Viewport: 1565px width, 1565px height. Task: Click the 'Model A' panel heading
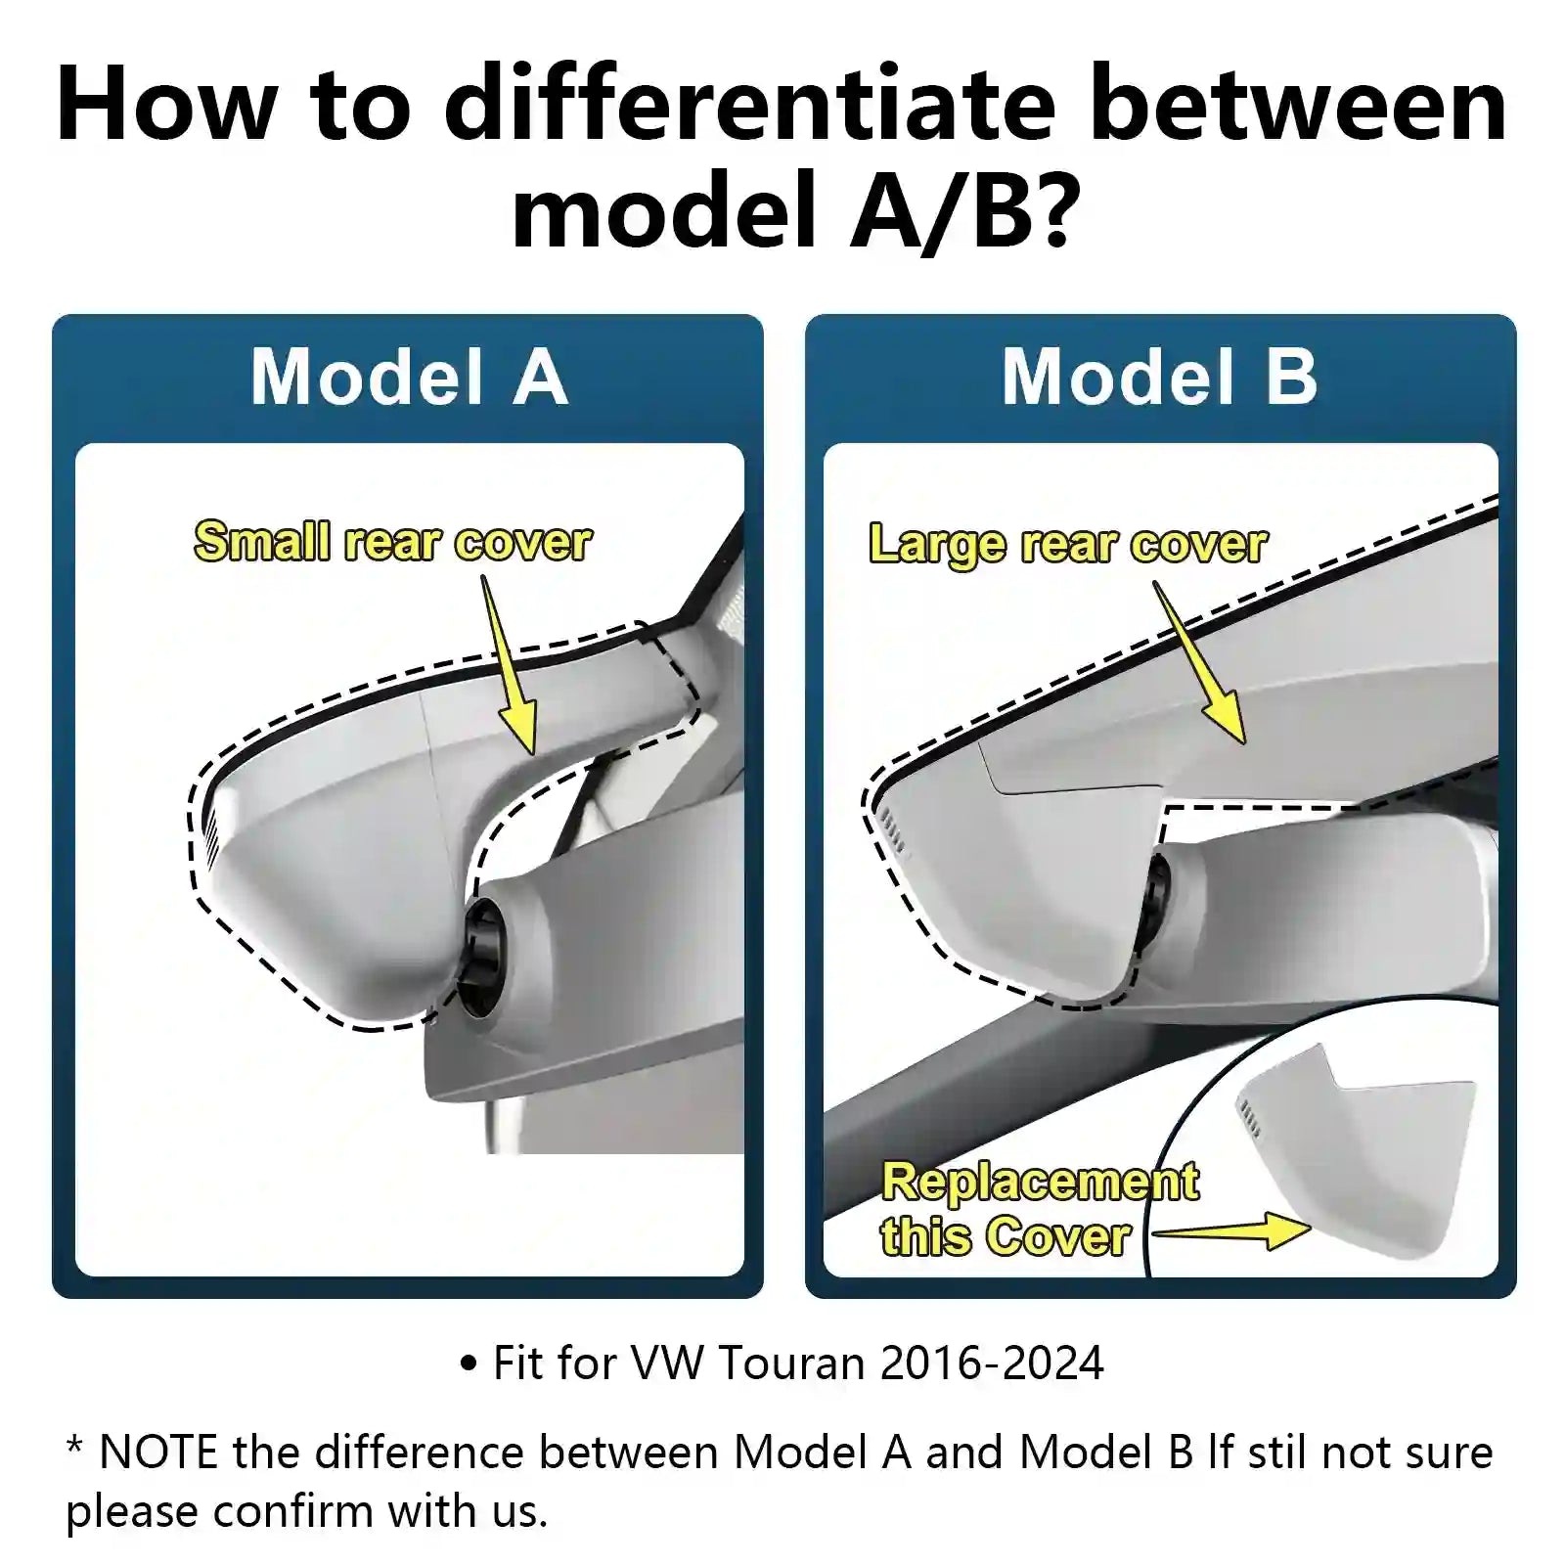tap(408, 378)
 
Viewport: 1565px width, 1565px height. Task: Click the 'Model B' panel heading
tap(1159, 378)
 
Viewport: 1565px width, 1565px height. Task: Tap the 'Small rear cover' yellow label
tap(392, 542)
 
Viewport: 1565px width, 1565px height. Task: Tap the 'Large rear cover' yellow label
tap(1067, 544)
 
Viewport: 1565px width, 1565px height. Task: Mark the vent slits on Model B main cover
tap(891, 827)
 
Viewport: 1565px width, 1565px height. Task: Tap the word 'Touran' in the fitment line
tap(792, 1363)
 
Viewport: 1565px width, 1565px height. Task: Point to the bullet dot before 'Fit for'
tap(469, 1364)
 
